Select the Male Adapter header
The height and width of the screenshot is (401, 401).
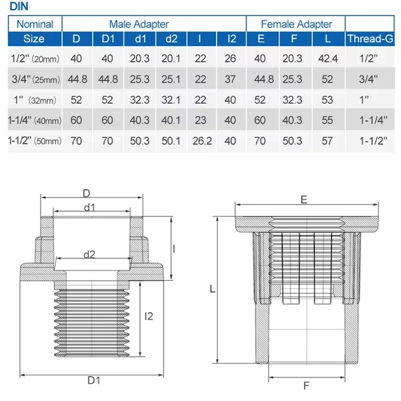(139, 24)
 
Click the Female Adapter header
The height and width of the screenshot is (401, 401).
(296, 24)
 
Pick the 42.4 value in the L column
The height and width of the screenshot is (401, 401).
(328, 59)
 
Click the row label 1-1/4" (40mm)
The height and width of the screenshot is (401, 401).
(34, 120)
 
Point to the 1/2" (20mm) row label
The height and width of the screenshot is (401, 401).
(34, 59)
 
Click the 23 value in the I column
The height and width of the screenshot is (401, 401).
(200, 120)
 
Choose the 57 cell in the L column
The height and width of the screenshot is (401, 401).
(328, 141)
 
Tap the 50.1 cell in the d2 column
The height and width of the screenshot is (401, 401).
(171, 141)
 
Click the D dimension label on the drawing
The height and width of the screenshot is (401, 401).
(86, 193)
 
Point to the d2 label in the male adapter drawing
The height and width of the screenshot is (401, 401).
(89, 254)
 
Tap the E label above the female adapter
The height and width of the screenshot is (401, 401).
(304, 199)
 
